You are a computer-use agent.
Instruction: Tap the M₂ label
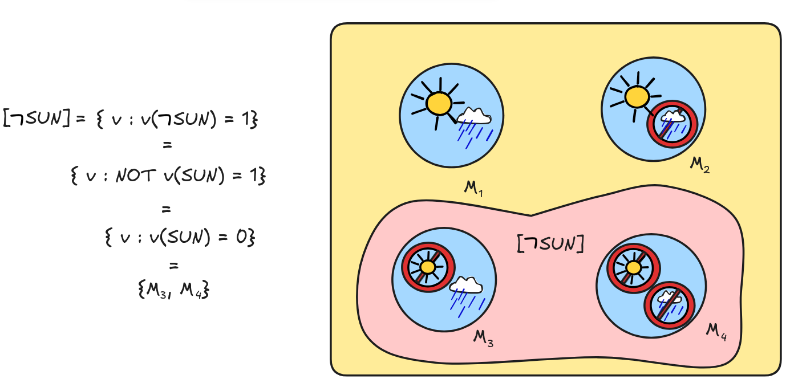pos(700,165)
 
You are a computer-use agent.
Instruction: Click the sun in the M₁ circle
pos(439,103)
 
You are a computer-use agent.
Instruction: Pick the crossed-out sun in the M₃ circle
pos(428,267)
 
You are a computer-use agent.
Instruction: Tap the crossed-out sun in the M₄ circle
pos(633,267)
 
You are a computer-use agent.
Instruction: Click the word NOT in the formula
pos(136,176)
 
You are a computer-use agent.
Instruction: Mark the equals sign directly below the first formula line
pos(167,145)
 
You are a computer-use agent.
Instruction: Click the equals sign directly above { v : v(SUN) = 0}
pos(167,209)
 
